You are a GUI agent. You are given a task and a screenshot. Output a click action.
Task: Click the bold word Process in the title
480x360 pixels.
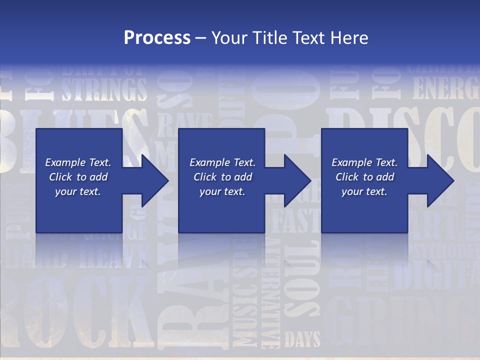(157, 38)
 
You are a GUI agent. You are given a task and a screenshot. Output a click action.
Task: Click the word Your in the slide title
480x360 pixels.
(229, 38)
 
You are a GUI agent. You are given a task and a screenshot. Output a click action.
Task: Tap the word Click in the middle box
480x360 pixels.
(204, 177)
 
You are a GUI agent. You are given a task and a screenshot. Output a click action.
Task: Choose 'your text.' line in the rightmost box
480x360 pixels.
(364, 191)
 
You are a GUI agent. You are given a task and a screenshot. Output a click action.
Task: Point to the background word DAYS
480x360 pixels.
(302, 340)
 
